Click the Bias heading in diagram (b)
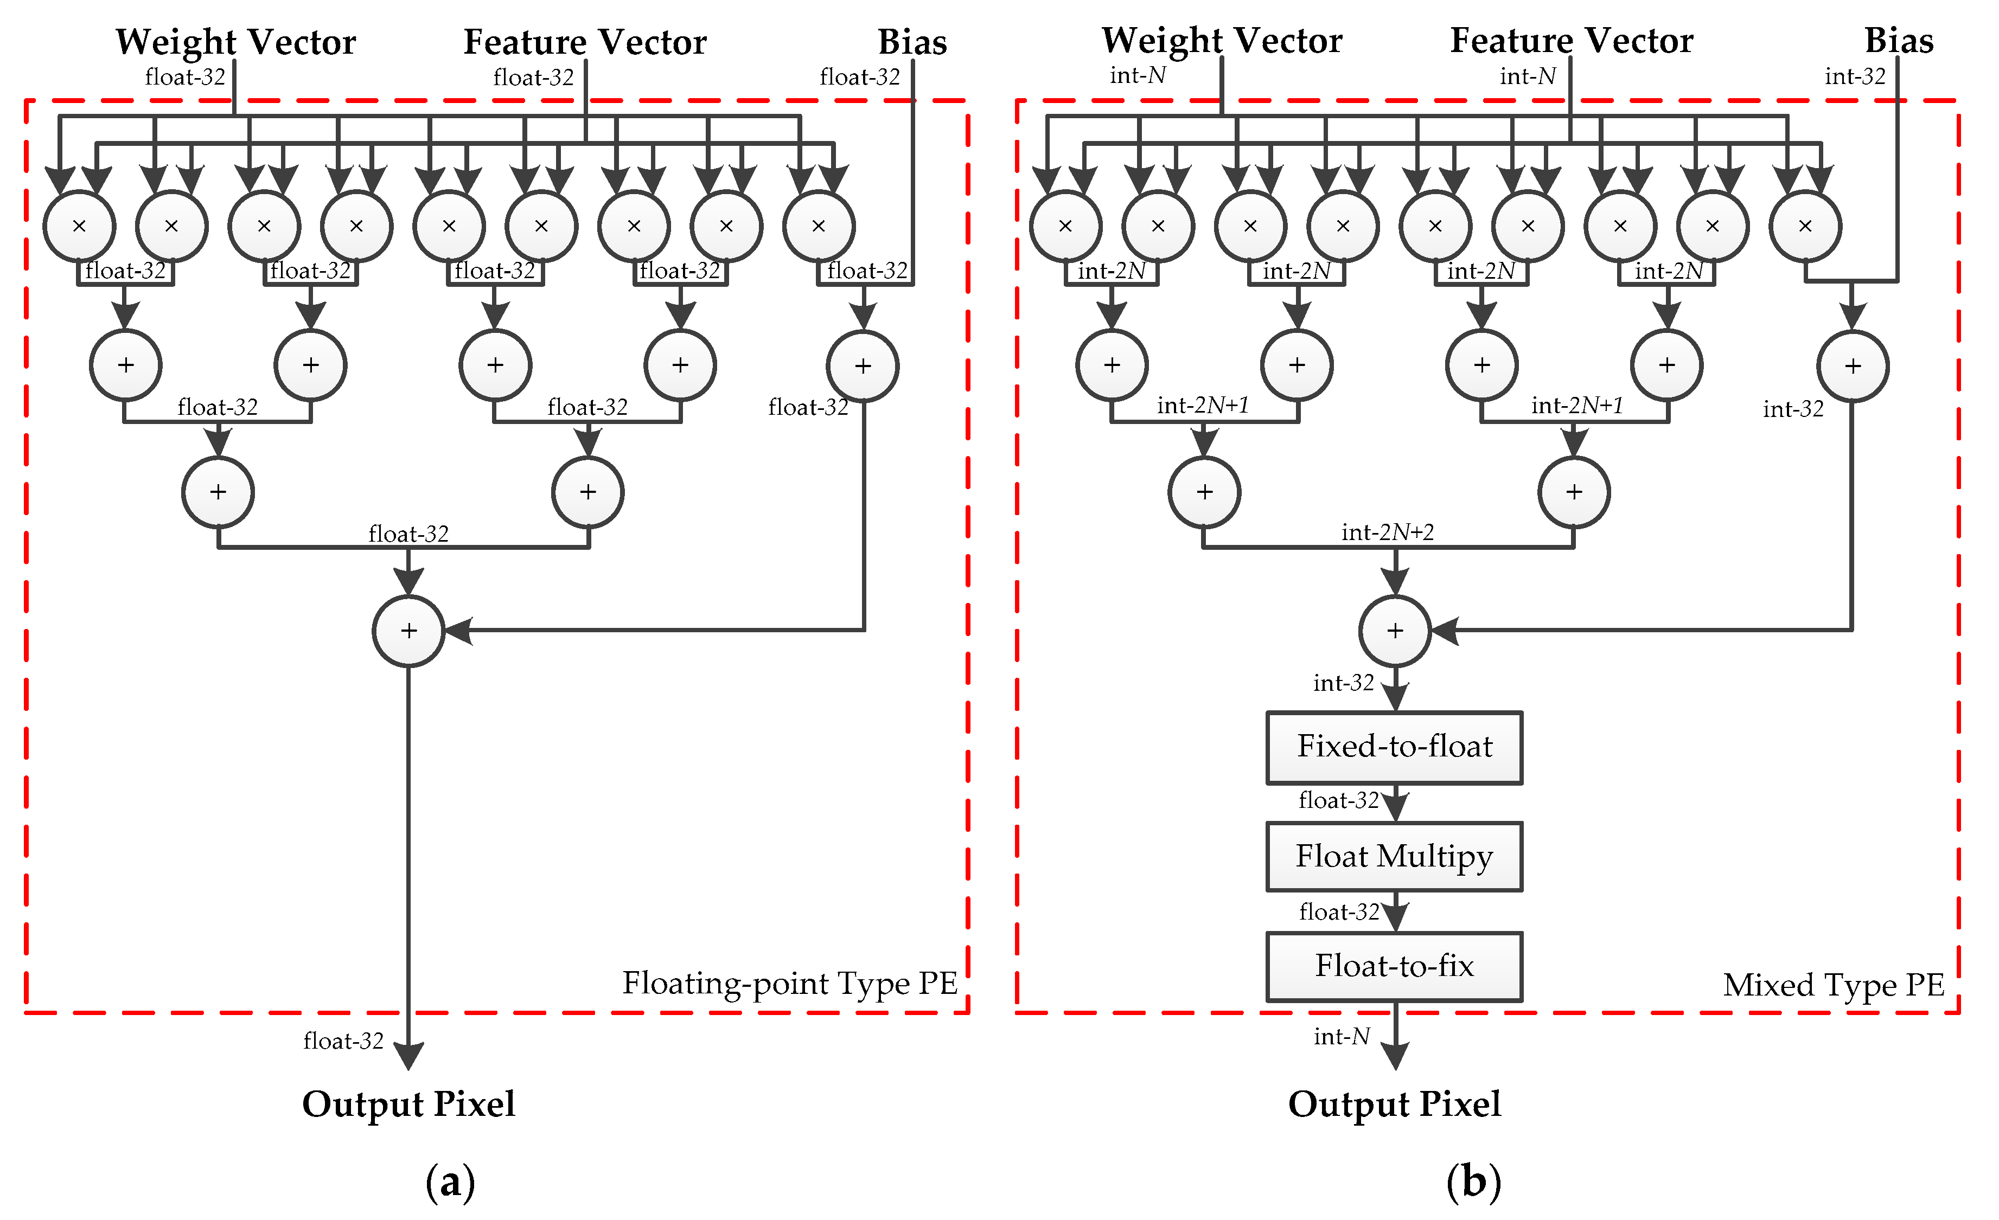click(1899, 41)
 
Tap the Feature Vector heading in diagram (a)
click(585, 42)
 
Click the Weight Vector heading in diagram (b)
click(1222, 41)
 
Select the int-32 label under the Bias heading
click(1855, 76)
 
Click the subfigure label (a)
click(450, 1182)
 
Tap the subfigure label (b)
click(1473, 1182)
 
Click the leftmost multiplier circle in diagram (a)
click(79, 226)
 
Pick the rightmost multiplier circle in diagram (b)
click(1805, 226)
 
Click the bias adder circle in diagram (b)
click(1853, 366)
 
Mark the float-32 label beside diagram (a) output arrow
click(343, 1041)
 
